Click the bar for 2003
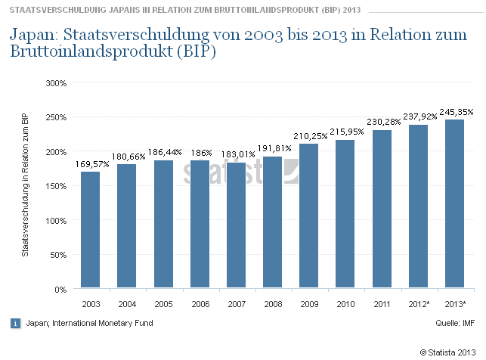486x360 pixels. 90,230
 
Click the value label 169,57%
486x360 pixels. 91,164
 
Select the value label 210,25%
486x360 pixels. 309,136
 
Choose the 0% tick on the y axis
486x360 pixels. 61,290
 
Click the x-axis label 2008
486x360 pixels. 272,304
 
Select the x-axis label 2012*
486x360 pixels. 418,304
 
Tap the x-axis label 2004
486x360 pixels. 126,304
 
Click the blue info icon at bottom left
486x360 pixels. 15,323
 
